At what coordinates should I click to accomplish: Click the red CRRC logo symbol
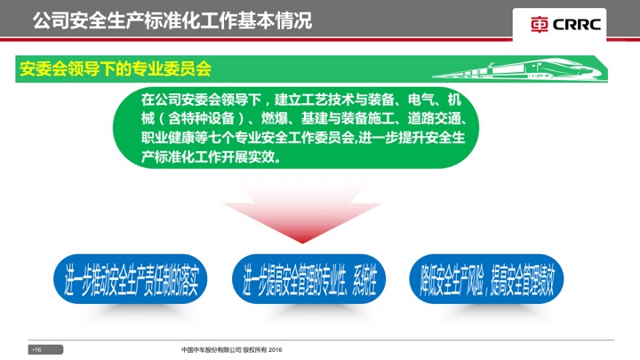[540, 25]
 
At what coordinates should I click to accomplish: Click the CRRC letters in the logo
[577, 25]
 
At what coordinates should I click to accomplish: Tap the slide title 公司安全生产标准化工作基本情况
[172, 20]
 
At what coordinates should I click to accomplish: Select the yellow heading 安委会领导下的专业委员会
[116, 68]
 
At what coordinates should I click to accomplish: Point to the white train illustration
[516, 69]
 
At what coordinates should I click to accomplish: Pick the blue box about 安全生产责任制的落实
[130, 280]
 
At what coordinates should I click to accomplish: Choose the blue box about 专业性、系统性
[309, 280]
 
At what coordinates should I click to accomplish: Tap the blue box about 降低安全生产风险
[486, 280]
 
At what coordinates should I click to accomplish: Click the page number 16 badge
[45, 350]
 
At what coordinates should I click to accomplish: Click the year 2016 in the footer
[276, 350]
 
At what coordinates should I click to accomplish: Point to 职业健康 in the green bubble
[167, 138]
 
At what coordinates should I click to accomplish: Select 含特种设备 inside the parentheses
[201, 118]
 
